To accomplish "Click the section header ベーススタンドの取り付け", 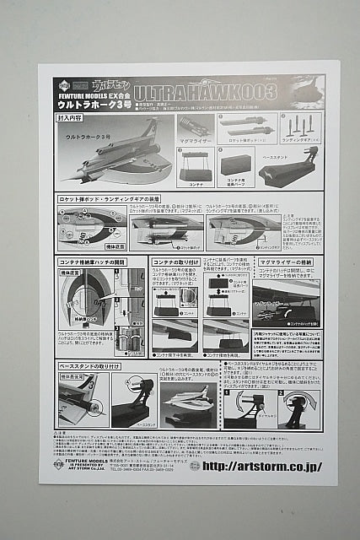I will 89,365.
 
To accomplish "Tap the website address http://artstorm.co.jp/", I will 262,466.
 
